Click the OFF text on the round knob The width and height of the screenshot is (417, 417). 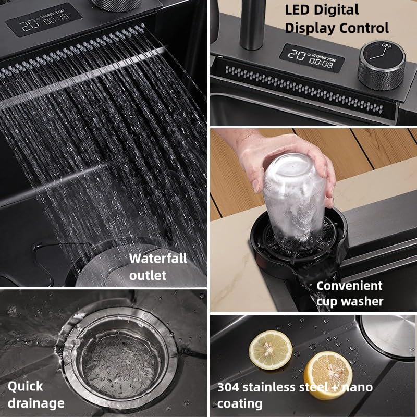pos(386,45)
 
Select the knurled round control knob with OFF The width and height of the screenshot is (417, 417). pos(382,65)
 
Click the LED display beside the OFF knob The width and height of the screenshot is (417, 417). pos(312,58)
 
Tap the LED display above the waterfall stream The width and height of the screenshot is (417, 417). pos(44,19)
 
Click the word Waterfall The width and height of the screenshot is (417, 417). pos(158,258)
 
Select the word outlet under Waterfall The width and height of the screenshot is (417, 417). pos(148,276)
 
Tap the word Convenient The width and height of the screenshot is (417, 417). pos(349,286)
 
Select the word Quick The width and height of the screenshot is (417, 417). pos(25,386)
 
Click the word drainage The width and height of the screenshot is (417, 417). pos(36,403)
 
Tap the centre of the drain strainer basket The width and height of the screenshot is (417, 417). pos(118,359)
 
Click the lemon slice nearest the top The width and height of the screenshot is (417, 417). pos(271,350)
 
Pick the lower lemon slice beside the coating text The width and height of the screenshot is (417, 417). pos(328,375)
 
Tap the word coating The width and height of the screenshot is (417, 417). pos(240,404)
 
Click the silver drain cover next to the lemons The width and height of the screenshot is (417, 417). pos(388,334)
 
